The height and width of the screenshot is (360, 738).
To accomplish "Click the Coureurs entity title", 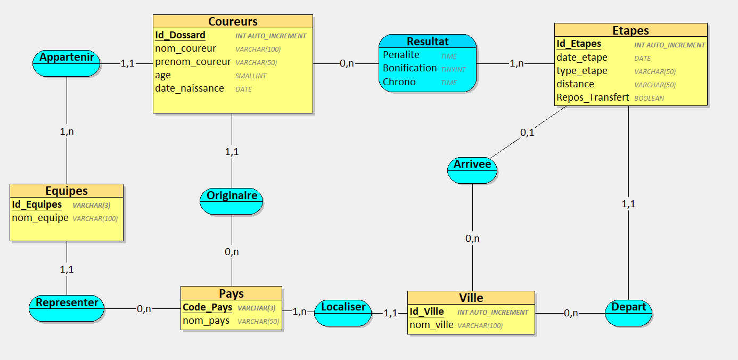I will click(x=233, y=21).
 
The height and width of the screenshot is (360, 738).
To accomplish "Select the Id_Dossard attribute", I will click(x=180, y=35).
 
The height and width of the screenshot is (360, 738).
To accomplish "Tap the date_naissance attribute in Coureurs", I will click(x=189, y=88).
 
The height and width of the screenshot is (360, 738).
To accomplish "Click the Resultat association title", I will click(x=428, y=41).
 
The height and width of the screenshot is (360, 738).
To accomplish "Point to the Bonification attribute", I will click(x=409, y=68).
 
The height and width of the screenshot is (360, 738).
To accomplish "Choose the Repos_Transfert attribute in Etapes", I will click(x=593, y=97).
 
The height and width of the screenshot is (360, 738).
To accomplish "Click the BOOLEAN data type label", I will click(x=649, y=99).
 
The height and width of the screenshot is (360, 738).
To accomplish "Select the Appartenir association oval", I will click(x=67, y=62).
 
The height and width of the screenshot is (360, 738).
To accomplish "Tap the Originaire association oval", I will click(x=232, y=201).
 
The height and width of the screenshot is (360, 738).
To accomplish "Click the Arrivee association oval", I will click(x=472, y=169).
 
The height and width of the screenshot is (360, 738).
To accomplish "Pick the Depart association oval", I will click(x=629, y=312).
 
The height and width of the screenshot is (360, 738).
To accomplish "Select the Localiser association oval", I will click(x=343, y=312).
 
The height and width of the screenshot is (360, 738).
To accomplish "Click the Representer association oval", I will click(x=67, y=308).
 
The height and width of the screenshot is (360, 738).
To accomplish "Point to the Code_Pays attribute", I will click(x=207, y=307).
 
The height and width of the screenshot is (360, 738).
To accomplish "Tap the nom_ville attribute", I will click(x=431, y=325).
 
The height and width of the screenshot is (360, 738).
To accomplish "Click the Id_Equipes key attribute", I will click(x=37, y=204).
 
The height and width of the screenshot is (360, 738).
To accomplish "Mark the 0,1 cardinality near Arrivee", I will click(x=527, y=133).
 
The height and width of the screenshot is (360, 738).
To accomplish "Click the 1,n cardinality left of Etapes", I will click(x=516, y=63).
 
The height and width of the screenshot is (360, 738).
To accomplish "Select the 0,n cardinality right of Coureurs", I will click(x=347, y=63).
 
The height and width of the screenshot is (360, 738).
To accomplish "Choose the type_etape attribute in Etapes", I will click(x=581, y=71).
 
